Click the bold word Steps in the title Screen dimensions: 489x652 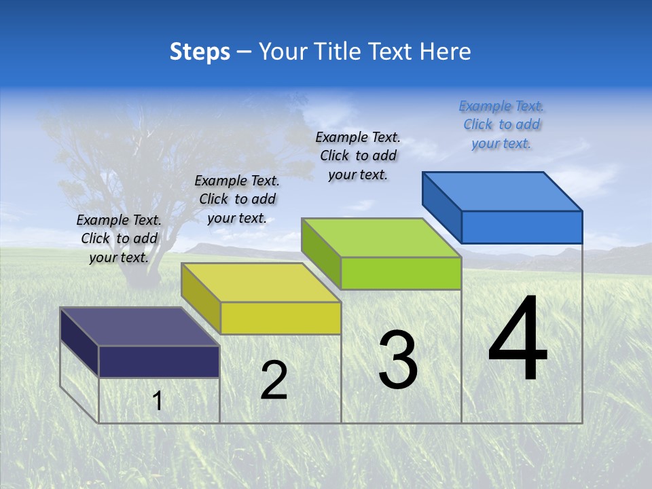click(x=200, y=52)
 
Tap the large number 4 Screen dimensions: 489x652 click(x=518, y=340)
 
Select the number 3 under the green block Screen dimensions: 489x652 click(x=397, y=360)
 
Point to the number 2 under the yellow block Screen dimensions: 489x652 click(x=274, y=380)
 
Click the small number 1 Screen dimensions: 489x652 click(x=158, y=401)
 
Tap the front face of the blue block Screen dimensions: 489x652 click(x=522, y=227)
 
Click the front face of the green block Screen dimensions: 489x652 click(x=401, y=273)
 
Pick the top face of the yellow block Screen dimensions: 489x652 click(x=261, y=283)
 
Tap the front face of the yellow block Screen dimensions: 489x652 click(x=280, y=318)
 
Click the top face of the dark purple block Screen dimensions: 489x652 click(x=140, y=327)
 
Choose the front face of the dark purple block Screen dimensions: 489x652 click(x=159, y=361)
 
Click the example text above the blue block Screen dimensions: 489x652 click(x=501, y=125)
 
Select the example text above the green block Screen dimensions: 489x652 click(x=358, y=156)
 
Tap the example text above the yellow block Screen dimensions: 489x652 click(x=237, y=199)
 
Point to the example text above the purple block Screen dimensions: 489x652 click(x=119, y=238)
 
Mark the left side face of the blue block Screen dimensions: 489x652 click(x=441, y=207)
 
